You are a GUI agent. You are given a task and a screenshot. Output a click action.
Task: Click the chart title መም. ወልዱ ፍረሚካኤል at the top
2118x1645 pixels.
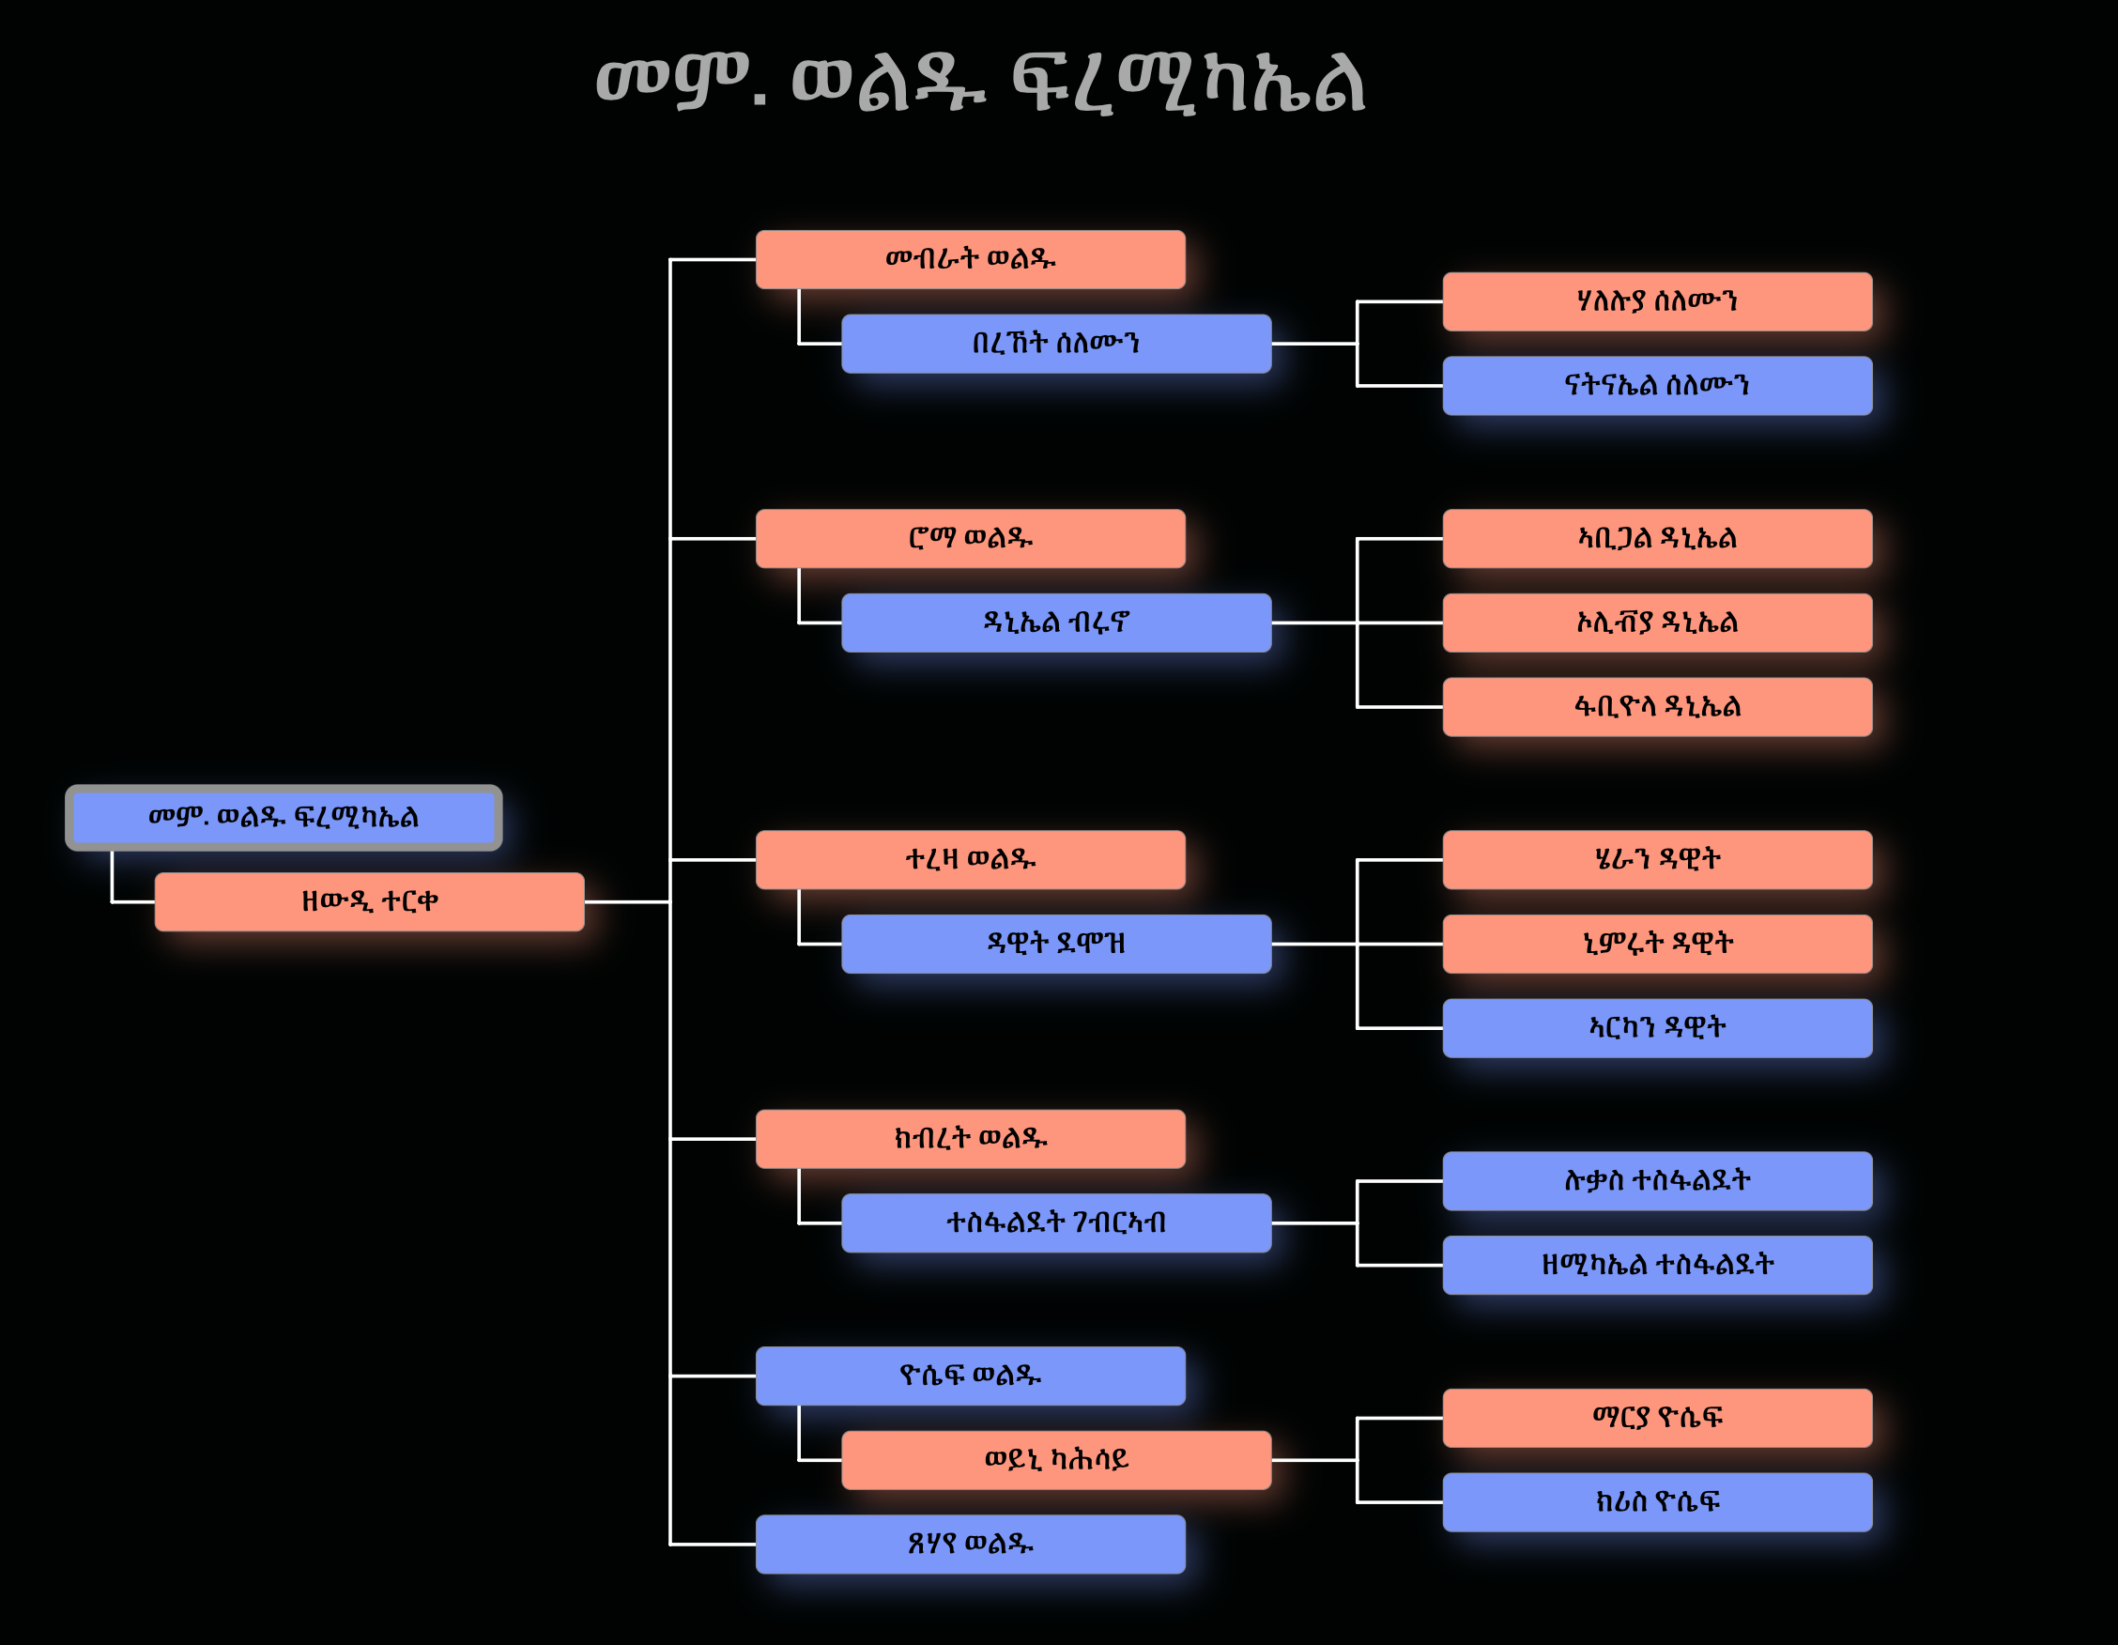point(980,84)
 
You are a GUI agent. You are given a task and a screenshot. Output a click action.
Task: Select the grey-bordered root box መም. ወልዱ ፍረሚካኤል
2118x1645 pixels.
point(284,818)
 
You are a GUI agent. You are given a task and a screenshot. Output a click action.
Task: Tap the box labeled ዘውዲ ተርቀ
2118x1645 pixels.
point(370,902)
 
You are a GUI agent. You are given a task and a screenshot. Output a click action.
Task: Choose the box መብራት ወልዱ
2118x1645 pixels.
point(970,259)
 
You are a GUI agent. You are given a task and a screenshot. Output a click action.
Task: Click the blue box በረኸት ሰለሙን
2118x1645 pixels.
point(1056,344)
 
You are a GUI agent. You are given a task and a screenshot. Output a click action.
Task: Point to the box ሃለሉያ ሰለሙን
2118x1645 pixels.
point(1656,301)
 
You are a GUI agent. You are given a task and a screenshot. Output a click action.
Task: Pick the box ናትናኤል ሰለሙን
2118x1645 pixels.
point(1656,386)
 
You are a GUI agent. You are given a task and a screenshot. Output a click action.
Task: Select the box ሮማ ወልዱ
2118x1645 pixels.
point(970,538)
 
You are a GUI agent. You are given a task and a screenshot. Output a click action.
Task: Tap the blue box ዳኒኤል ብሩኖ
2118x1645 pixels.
point(1056,623)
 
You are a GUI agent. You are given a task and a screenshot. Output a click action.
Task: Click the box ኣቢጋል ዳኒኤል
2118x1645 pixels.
point(1656,538)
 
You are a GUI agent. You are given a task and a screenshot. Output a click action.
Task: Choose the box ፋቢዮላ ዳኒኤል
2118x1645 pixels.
point(1656,707)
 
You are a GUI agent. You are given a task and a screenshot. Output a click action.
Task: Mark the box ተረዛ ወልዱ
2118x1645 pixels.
point(970,859)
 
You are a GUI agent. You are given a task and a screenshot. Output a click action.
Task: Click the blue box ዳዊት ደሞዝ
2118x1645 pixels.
point(1056,944)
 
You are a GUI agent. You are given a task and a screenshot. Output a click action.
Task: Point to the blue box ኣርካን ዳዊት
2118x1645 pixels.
point(1656,1028)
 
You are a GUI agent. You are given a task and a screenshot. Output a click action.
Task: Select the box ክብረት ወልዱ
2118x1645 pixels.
point(970,1139)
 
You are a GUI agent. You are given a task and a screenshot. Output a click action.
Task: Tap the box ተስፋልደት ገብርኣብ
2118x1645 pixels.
point(1056,1223)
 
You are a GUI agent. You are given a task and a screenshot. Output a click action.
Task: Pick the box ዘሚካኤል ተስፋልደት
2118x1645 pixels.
point(1656,1265)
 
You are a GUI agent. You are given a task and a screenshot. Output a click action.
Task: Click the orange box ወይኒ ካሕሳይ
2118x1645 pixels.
point(1056,1460)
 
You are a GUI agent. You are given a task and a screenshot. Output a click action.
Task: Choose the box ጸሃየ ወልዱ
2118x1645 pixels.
point(970,1545)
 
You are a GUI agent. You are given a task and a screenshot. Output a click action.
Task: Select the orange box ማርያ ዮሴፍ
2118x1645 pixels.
point(1656,1418)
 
